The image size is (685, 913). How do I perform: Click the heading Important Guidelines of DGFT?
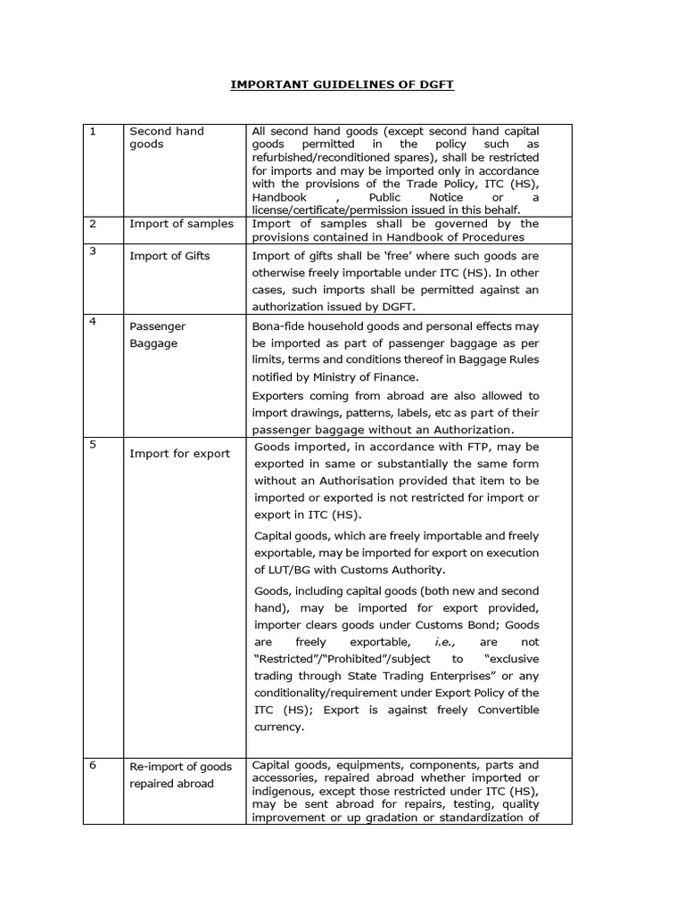pyautogui.click(x=342, y=85)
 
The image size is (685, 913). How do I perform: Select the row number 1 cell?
pyautogui.click(x=92, y=132)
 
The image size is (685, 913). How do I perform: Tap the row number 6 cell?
pyautogui.click(x=92, y=766)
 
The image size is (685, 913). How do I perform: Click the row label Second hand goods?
pyautogui.click(x=166, y=137)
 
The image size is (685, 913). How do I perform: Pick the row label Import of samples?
pyautogui.click(x=181, y=224)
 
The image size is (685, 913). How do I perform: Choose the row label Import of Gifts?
pyautogui.click(x=169, y=257)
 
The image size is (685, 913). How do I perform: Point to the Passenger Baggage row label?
pyautogui.click(x=157, y=335)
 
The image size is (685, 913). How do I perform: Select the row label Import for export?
pyautogui.click(x=179, y=454)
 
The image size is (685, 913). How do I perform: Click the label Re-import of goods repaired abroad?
pyautogui.click(x=180, y=775)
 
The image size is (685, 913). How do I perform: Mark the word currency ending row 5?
pyautogui.click(x=279, y=728)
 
